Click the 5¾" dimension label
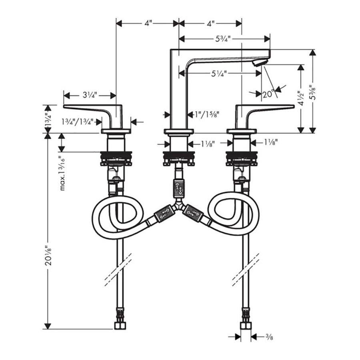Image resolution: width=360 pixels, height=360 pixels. pos(223,39)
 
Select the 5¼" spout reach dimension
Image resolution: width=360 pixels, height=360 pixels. pos(219,74)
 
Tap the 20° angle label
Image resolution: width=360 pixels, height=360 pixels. pos(268,94)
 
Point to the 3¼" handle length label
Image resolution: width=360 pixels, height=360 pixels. pos(90,95)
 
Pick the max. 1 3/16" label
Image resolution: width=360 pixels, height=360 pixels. pos(62,173)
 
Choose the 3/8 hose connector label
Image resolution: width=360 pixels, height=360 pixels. pos(269,337)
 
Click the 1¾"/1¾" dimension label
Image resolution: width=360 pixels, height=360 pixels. pos(77,122)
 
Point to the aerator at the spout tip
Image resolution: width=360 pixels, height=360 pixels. pos(260,62)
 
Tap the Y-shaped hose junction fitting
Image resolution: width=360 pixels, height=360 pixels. pos(179,206)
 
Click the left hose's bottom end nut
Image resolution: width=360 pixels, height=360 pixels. pos(120,326)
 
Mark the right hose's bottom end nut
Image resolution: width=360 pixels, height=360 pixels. pos(246,326)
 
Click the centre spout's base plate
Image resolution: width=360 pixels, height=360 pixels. pos(179,131)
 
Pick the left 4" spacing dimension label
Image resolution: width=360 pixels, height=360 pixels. pos(148,24)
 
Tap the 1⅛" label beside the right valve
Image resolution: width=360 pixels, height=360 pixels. pos(271,143)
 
